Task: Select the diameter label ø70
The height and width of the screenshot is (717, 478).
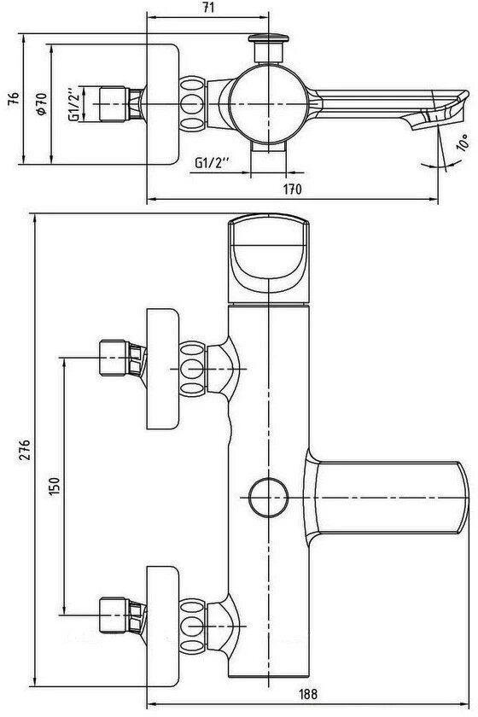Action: (41, 104)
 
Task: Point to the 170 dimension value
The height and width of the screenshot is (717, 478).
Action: (292, 189)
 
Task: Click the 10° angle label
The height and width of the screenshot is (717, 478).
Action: (463, 143)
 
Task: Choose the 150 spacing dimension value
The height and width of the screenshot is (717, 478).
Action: (54, 487)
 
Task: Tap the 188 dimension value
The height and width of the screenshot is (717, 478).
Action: (308, 707)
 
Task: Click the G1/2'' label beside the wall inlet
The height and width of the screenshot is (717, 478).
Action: (74, 104)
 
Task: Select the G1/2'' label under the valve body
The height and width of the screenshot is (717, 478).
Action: (212, 163)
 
